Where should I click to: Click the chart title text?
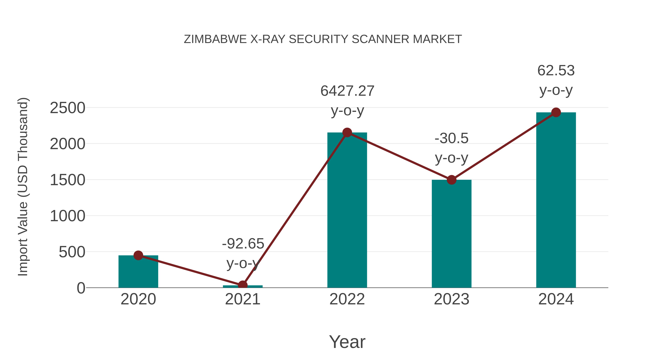click(323, 39)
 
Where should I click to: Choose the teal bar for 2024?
click(556, 200)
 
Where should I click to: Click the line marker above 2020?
click(138, 255)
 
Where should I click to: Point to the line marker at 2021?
click(242, 285)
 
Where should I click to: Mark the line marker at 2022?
click(347, 132)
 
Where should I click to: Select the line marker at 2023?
click(451, 180)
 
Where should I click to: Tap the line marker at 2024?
click(556, 112)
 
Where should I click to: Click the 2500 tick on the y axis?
click(67, 108)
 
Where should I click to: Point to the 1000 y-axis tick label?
click(67, 216)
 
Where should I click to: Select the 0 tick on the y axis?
click(81, 288)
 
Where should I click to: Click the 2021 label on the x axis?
click(242, 299)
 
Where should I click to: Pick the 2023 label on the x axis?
click(451, 299)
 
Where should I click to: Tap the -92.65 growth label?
click(243, 244)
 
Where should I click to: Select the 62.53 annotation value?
click(556, 70)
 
